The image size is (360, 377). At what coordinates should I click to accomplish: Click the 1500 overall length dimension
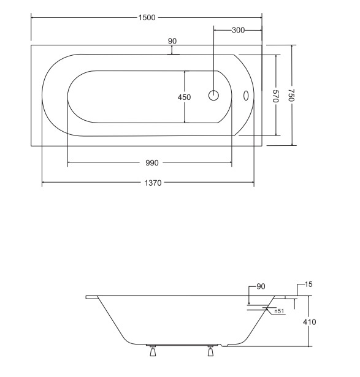(x=147, y=18)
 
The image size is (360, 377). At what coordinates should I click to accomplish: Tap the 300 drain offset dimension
(x=238, y=30)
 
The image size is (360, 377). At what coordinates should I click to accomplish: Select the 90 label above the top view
(x=172, y=41)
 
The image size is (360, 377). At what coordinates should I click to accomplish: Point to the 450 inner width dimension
(x=184, y=97)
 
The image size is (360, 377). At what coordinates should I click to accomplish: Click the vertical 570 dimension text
(x=276, y=96)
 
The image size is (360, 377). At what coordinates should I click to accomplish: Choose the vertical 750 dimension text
(x=291, y=95)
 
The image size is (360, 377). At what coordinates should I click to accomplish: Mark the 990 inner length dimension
(x=152, y=163)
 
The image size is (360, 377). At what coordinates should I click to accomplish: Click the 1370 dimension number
(x=153, y=183)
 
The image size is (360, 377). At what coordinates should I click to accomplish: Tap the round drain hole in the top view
(x=213, y=96)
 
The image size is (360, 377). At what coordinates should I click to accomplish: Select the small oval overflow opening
(x=246, y=96)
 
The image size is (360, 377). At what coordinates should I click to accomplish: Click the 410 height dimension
(x=309, y=322)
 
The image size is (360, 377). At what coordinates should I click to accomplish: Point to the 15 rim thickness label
(x=308, y=284)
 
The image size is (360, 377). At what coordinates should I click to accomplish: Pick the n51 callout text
(x=279, y=311)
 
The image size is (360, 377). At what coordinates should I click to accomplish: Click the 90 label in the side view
(x=261, y=286)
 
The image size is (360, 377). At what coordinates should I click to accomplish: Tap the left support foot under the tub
(x=153, y=351)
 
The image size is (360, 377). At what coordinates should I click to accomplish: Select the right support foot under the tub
(x=210, y=351)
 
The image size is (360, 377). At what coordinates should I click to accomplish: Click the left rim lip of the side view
(x=92, y=297)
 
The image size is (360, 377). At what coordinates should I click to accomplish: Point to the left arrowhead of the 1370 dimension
(x=44, y=183)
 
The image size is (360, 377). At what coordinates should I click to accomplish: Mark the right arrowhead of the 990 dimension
(x=230, y=162)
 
